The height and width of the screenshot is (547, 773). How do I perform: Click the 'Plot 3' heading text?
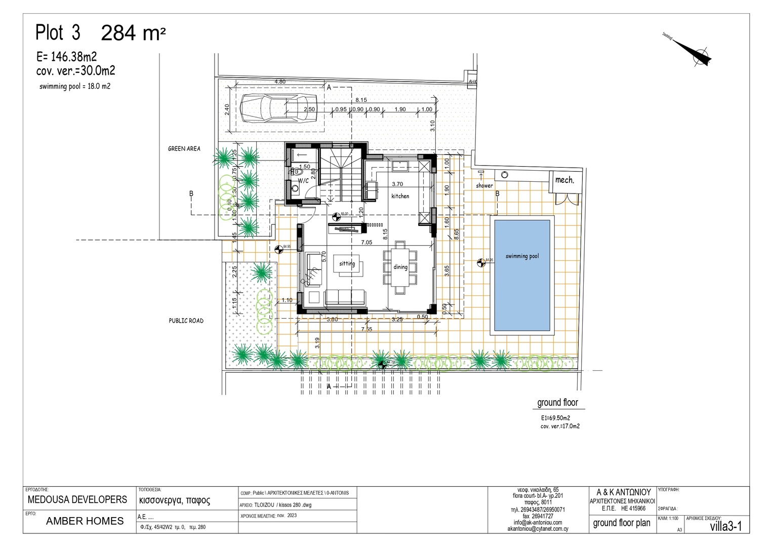[x=58, y=32]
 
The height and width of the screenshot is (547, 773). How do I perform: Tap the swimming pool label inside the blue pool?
[x=522, y=256]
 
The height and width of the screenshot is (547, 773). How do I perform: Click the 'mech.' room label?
[x=564, y=180]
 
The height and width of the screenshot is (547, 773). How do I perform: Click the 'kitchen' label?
[x=400, y=196]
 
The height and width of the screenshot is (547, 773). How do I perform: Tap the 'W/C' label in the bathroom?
[x=303, y=180]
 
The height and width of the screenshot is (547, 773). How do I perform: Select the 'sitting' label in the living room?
[x=347, y=263]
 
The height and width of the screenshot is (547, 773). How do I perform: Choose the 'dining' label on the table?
[x=400, y=267]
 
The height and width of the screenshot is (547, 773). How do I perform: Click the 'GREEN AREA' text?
[x=184, y=149]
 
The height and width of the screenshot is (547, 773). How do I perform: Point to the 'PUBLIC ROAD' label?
[x=186, y=321]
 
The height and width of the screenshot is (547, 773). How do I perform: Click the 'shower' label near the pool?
[x=484, y=186]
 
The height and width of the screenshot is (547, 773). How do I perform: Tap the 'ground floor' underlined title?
[x=557, y=403]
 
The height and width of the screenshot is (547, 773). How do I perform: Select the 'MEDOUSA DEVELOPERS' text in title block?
[x=77, y=499]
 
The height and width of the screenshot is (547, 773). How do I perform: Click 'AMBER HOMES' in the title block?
[x=85, y=521]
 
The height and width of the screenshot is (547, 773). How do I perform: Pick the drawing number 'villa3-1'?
[x=725, y=526]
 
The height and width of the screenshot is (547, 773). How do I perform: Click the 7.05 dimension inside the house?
[x=367, y=243]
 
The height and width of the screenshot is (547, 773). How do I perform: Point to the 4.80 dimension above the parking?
[x=280, y=82]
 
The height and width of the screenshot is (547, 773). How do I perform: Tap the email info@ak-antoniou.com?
[x=538, y=522]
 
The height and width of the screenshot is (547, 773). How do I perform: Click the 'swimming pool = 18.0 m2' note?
[x=75, y=87]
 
